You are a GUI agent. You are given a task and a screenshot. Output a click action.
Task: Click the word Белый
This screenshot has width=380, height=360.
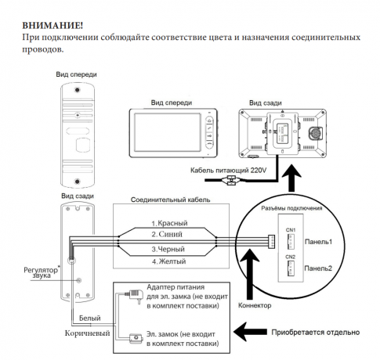tap(90, 319)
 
